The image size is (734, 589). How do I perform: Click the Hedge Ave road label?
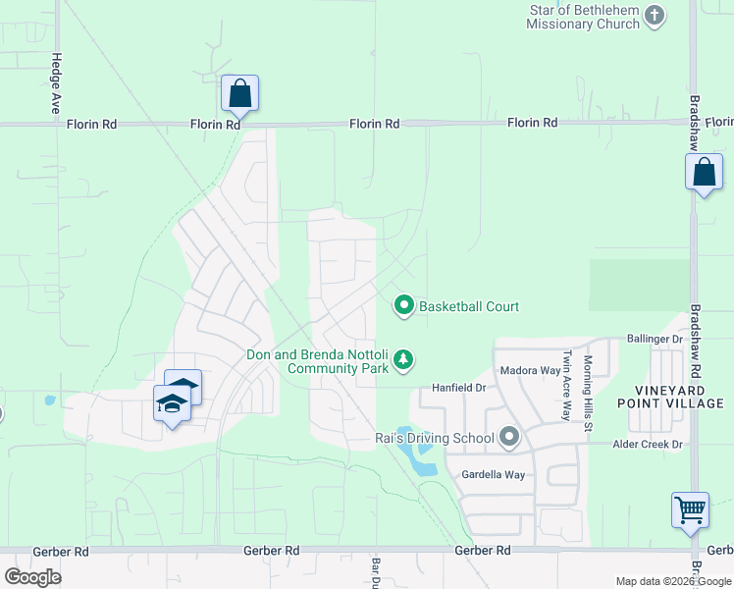[57, 83]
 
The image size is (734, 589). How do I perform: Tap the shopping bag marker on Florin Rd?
[239, 95]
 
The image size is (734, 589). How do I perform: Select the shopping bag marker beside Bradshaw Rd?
[704, 174]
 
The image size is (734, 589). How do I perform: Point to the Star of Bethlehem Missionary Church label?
[583, 17]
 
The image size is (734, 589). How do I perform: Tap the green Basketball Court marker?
[403, 306]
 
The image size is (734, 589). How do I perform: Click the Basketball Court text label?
[469, 307]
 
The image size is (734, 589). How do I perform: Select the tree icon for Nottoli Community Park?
[403, 362]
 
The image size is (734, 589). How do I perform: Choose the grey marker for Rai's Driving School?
[508, 437]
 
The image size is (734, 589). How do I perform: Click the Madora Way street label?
[530, 371]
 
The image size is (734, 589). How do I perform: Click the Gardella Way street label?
[494, 475]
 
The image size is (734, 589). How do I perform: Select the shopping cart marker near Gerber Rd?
[690, 510]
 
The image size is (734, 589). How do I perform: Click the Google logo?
[32, 577]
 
